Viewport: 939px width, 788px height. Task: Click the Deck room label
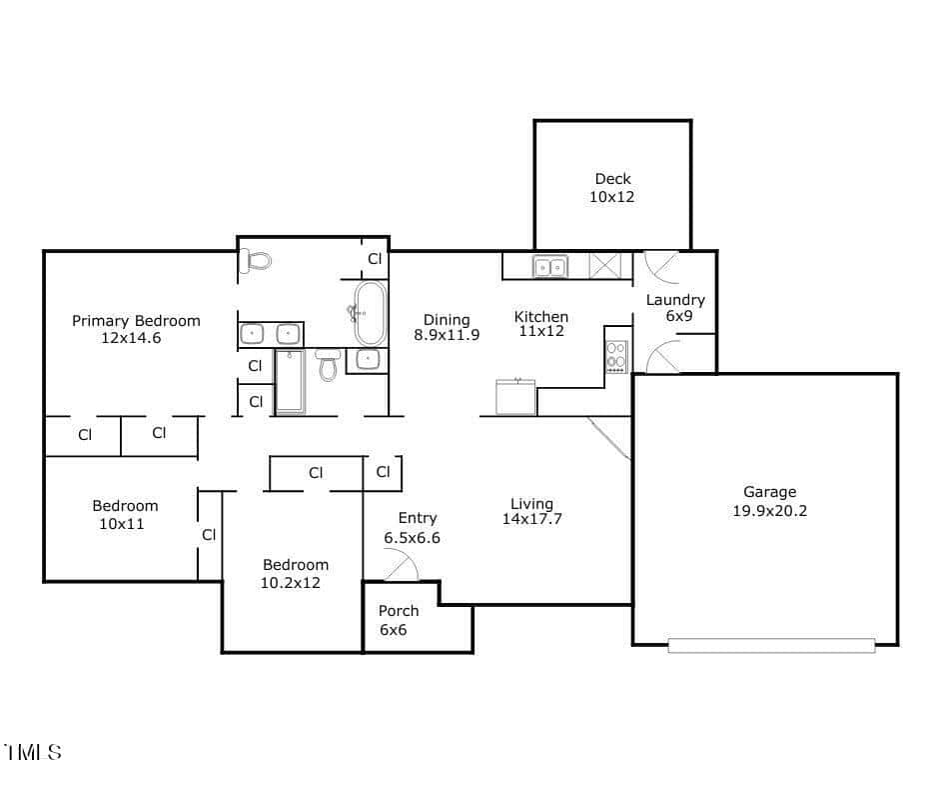612,179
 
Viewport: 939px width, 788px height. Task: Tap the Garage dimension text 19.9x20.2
769,511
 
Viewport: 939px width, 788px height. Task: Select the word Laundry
675,300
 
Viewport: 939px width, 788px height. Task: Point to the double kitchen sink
550,266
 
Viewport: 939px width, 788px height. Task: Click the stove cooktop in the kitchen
616,356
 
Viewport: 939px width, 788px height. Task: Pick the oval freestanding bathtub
370,313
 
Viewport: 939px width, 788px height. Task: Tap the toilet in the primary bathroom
255,261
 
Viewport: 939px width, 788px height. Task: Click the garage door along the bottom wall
771,645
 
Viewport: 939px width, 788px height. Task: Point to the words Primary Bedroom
136,321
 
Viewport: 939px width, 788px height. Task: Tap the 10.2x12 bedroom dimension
290,583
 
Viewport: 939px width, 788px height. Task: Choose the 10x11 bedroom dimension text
122,524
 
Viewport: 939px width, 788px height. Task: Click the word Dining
447,320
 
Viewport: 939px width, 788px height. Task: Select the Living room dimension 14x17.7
531,519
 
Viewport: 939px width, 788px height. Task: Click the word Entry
418,518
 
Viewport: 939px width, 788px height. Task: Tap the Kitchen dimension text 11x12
541,331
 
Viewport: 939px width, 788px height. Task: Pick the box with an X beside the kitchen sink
605,266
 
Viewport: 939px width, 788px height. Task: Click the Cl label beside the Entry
384,472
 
